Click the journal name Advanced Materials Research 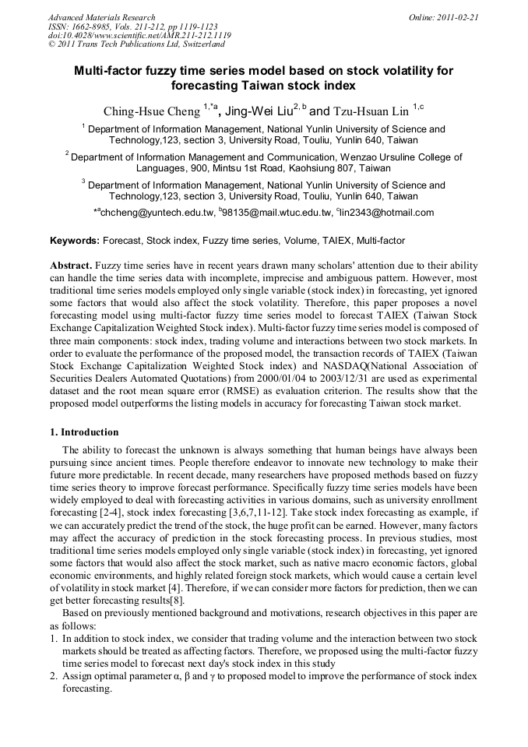tap(101, 17)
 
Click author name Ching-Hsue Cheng tap(151, 111)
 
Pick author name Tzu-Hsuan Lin tap(371, 111)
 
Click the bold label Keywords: tap(75, 241)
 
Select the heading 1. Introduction tap(84, 432)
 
